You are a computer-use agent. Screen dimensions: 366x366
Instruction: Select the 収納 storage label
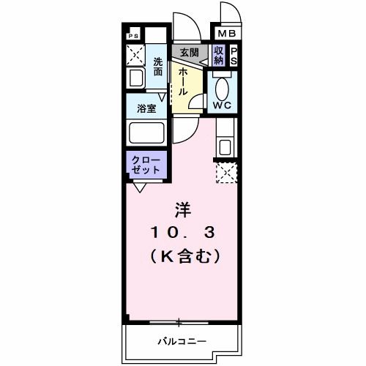(x=219, y=55)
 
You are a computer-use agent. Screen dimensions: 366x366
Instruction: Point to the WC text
(x=223, y=105)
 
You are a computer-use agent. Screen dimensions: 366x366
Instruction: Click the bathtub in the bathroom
(x=147, y=134)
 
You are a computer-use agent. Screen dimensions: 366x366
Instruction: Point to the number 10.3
(x=183, y=234)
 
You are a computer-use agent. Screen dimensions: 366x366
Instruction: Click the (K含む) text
(x=183, y=256)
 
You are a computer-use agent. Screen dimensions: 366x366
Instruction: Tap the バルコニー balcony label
(x=182, y=341)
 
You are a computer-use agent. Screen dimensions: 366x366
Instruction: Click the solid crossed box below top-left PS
(x=135, y=54)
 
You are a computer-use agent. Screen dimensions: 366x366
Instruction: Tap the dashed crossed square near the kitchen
(x=225, y=173)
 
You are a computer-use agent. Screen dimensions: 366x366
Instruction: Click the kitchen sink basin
(x=224, y=146)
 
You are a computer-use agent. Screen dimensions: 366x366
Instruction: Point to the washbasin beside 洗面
(x=135, y=79)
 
